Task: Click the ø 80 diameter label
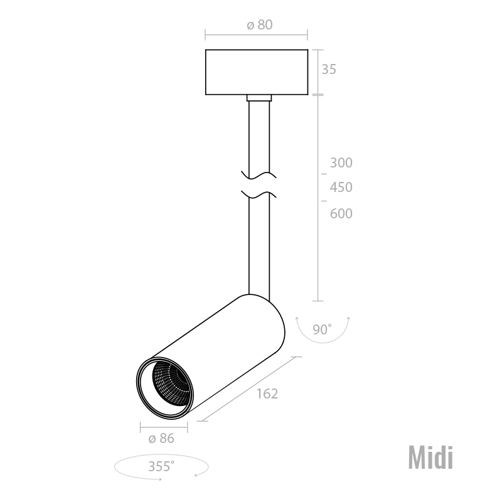click(x=260, y=24)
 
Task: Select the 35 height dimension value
click(x=329, y=69)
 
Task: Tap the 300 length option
click(x=341, y=163)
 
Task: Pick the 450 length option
click(x=341, y=187)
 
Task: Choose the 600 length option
click(x=341, y=213)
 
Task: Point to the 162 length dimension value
click(x=267, y=393)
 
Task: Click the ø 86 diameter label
click(x=161, y=438)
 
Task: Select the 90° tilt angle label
click(x=322, y=329)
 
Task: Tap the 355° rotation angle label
click(x=161, y=466)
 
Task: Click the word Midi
click(x=430, y=458)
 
